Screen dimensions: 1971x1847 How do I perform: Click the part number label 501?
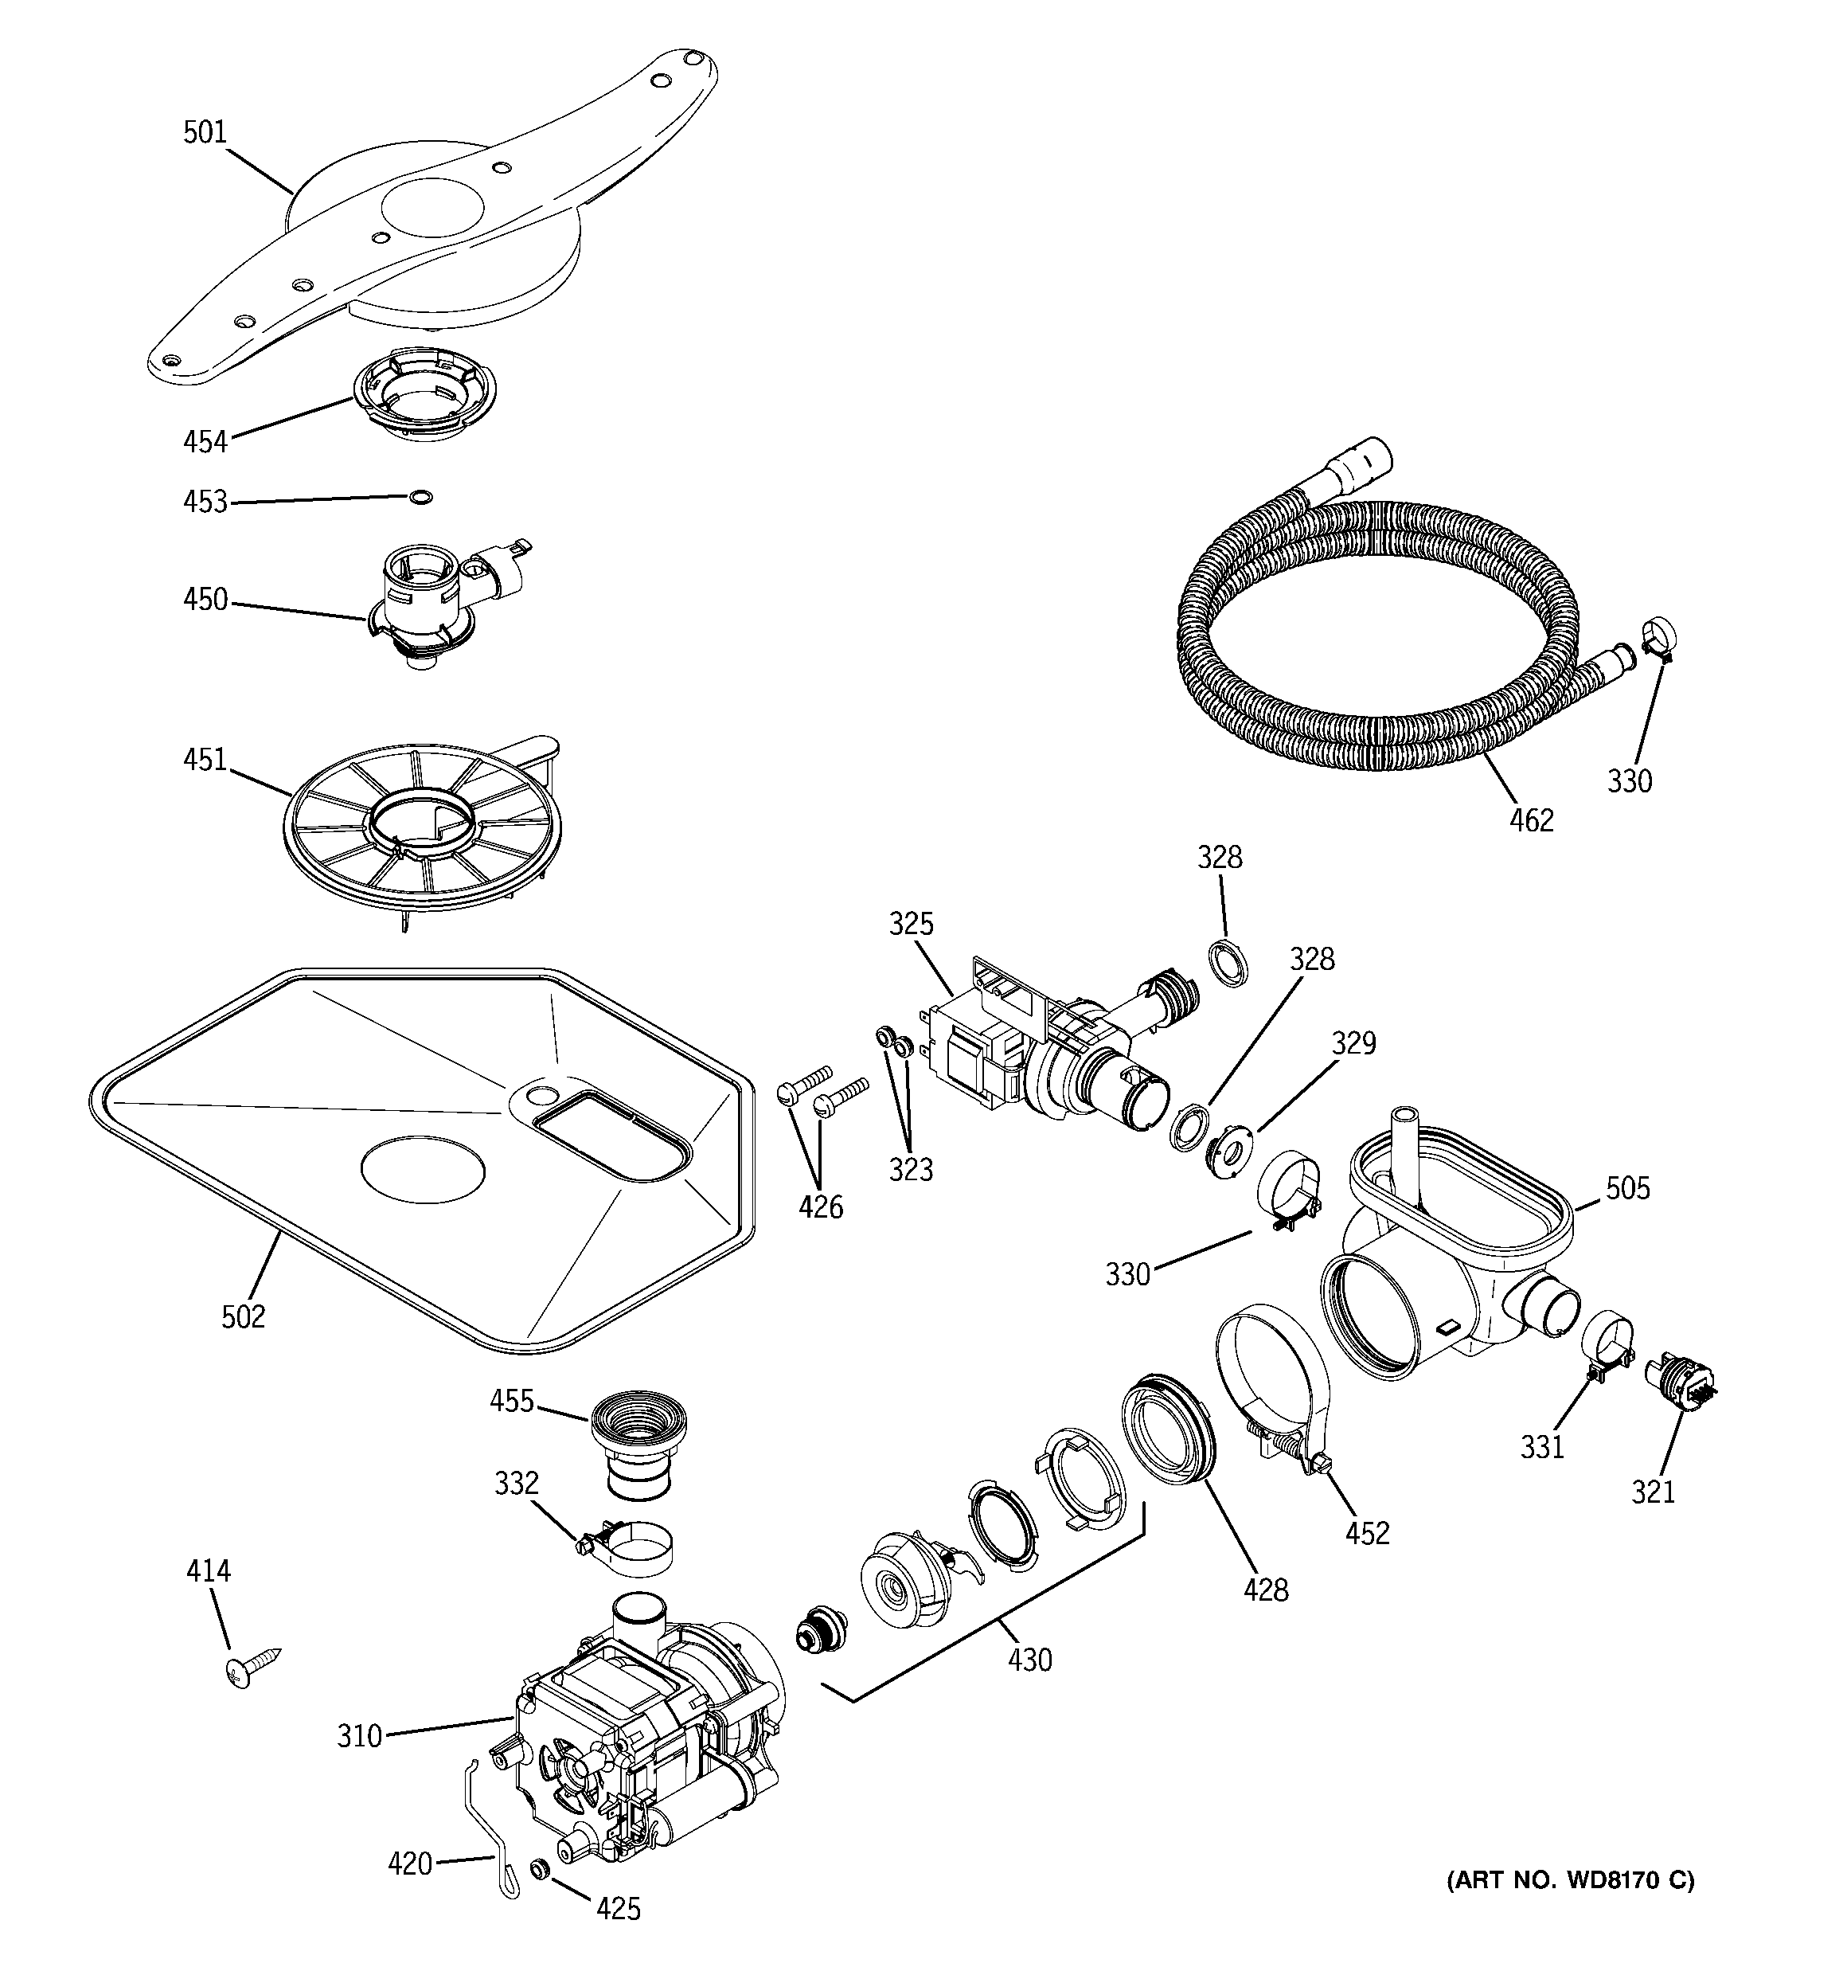[x=205, y=132]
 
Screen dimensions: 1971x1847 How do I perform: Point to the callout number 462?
[x=1531, y=820]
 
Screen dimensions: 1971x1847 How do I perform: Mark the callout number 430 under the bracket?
[x=1029, y=1659]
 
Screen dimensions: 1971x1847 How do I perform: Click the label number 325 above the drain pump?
[x=910, y=923]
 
